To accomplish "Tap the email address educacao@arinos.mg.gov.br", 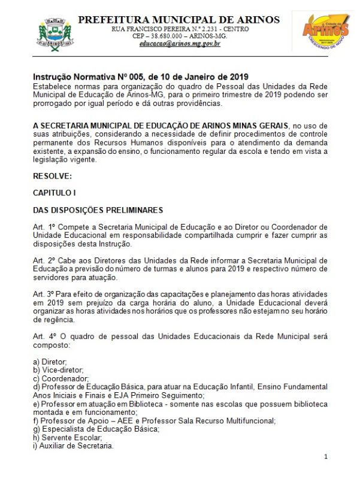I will [180, 44].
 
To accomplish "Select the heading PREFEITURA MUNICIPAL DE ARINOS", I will [179, 20].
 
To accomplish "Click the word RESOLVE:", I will [52, 176].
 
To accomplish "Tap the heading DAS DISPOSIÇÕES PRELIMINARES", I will [98, 210].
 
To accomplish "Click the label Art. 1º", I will [44, 228].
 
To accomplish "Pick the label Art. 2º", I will [44, 260].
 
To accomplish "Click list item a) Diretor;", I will [50, 362].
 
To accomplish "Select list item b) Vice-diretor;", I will [58, 371].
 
